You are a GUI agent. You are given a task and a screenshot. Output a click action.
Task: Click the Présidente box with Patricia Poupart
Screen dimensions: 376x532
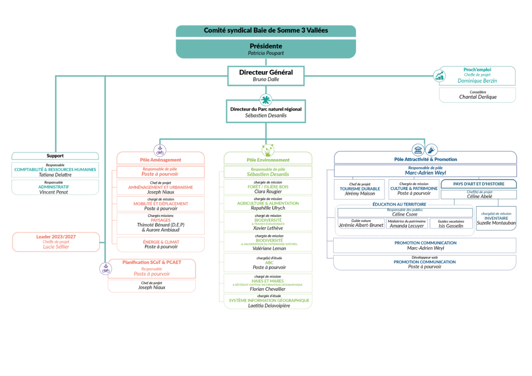click(x=266, y=49)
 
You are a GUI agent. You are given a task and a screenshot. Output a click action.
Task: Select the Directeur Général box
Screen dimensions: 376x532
click(x=266, y=76)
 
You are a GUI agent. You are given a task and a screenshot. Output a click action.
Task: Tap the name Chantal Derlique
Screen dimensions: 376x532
click(x=477, y=97)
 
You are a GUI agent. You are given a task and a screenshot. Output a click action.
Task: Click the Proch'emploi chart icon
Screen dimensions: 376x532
click(x=440, y=76)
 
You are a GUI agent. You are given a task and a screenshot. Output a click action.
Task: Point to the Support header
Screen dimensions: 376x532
click(x=55, y=156)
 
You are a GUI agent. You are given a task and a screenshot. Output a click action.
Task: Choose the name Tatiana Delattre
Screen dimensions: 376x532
click(x=55, y=175)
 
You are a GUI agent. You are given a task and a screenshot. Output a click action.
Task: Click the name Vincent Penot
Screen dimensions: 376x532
click(x=55, y=192)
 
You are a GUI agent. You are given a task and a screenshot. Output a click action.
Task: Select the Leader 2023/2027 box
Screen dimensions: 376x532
click(x=55, y=241)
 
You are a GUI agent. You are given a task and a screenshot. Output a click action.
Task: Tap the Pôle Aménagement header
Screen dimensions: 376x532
click(x=161, y=160)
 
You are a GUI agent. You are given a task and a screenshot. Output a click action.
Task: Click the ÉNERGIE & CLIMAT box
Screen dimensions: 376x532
click(x=161, y=244)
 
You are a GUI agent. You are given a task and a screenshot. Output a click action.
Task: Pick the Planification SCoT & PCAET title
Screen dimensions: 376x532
click(x=152, y=262)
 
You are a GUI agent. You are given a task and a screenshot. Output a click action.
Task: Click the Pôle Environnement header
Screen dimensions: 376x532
click(x=268, y=160)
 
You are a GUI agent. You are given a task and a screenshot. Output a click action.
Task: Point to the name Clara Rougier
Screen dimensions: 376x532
click(x=268, y=191)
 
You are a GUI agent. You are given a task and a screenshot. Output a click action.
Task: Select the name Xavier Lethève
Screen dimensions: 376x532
click(x=268, y=228)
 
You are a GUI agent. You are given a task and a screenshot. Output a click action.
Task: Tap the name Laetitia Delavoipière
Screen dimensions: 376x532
click(x=268, y=306)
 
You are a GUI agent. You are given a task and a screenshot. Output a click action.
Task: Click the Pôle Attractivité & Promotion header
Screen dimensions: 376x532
click(x=425, y=159)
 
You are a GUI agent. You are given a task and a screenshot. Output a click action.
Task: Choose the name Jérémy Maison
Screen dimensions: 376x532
click(x=360, y=194)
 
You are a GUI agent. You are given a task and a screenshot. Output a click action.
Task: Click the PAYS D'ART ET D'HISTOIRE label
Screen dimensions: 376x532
click(x=478, y=184)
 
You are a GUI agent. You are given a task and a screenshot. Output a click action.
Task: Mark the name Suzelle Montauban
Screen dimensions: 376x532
click(x=496, y=223)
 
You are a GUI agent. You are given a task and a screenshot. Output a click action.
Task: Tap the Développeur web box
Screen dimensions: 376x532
click(x=424, y=262)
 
